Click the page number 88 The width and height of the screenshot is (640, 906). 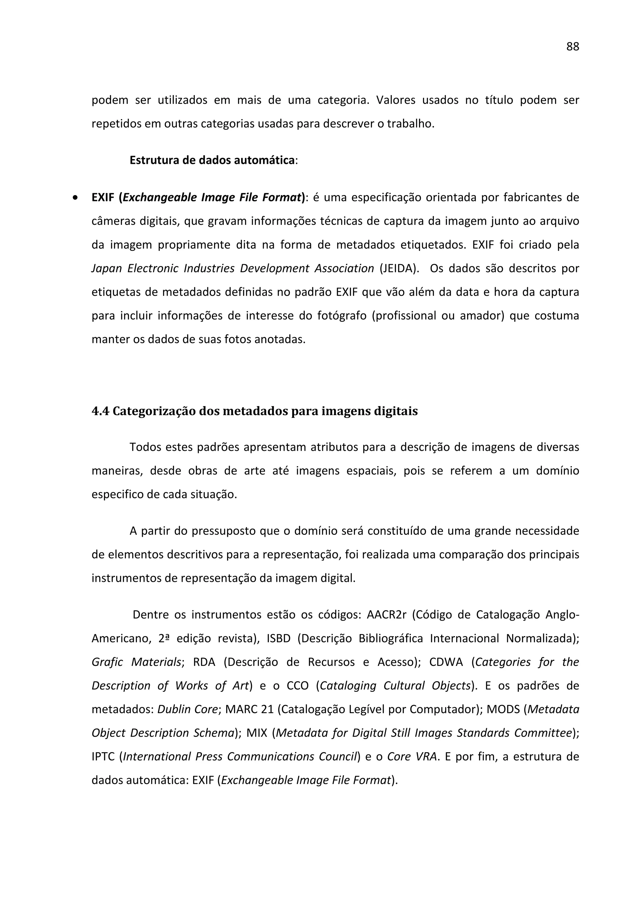pos(572,47)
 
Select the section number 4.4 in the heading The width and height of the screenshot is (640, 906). pos(100,411)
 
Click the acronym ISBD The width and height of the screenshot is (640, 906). pos(278,638)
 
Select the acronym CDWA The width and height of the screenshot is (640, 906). pos(446,662)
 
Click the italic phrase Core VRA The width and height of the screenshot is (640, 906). pos(412,757)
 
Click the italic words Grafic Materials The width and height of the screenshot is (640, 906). pos(137,662)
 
